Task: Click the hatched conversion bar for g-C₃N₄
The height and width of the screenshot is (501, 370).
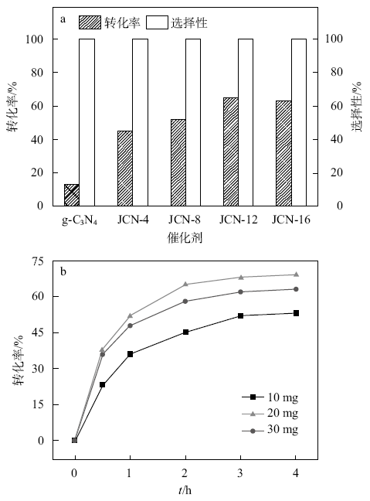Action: point(72,195)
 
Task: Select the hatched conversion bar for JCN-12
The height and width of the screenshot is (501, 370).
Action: point(231,152)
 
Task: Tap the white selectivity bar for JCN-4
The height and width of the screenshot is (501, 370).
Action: point(140,122)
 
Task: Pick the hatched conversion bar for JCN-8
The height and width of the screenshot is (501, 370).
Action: point(178,162)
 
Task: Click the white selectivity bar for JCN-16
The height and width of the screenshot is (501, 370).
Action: point(299,122)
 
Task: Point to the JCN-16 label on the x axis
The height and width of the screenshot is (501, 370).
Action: point(291,220)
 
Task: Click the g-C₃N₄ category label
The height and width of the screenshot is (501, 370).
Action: point(80,220)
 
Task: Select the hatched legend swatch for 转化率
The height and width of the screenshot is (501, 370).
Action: point(90,22)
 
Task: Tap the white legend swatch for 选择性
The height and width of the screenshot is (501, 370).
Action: point(157,22)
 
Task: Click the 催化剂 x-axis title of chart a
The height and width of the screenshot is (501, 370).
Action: point(185,237)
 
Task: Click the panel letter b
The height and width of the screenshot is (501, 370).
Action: point(63,271)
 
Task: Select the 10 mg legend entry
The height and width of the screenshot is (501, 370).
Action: point(270,397)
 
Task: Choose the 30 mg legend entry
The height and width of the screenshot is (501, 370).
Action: point(270,430)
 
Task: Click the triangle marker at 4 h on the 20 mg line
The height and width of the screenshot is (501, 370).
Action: point(296,274)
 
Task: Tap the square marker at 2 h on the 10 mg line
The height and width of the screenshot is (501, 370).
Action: point(185,332)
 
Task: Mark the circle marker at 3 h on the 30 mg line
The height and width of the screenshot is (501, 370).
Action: point(241,291)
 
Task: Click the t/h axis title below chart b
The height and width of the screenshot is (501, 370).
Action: point(185,490)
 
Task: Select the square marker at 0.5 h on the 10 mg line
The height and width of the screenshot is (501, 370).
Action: point(102,385)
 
